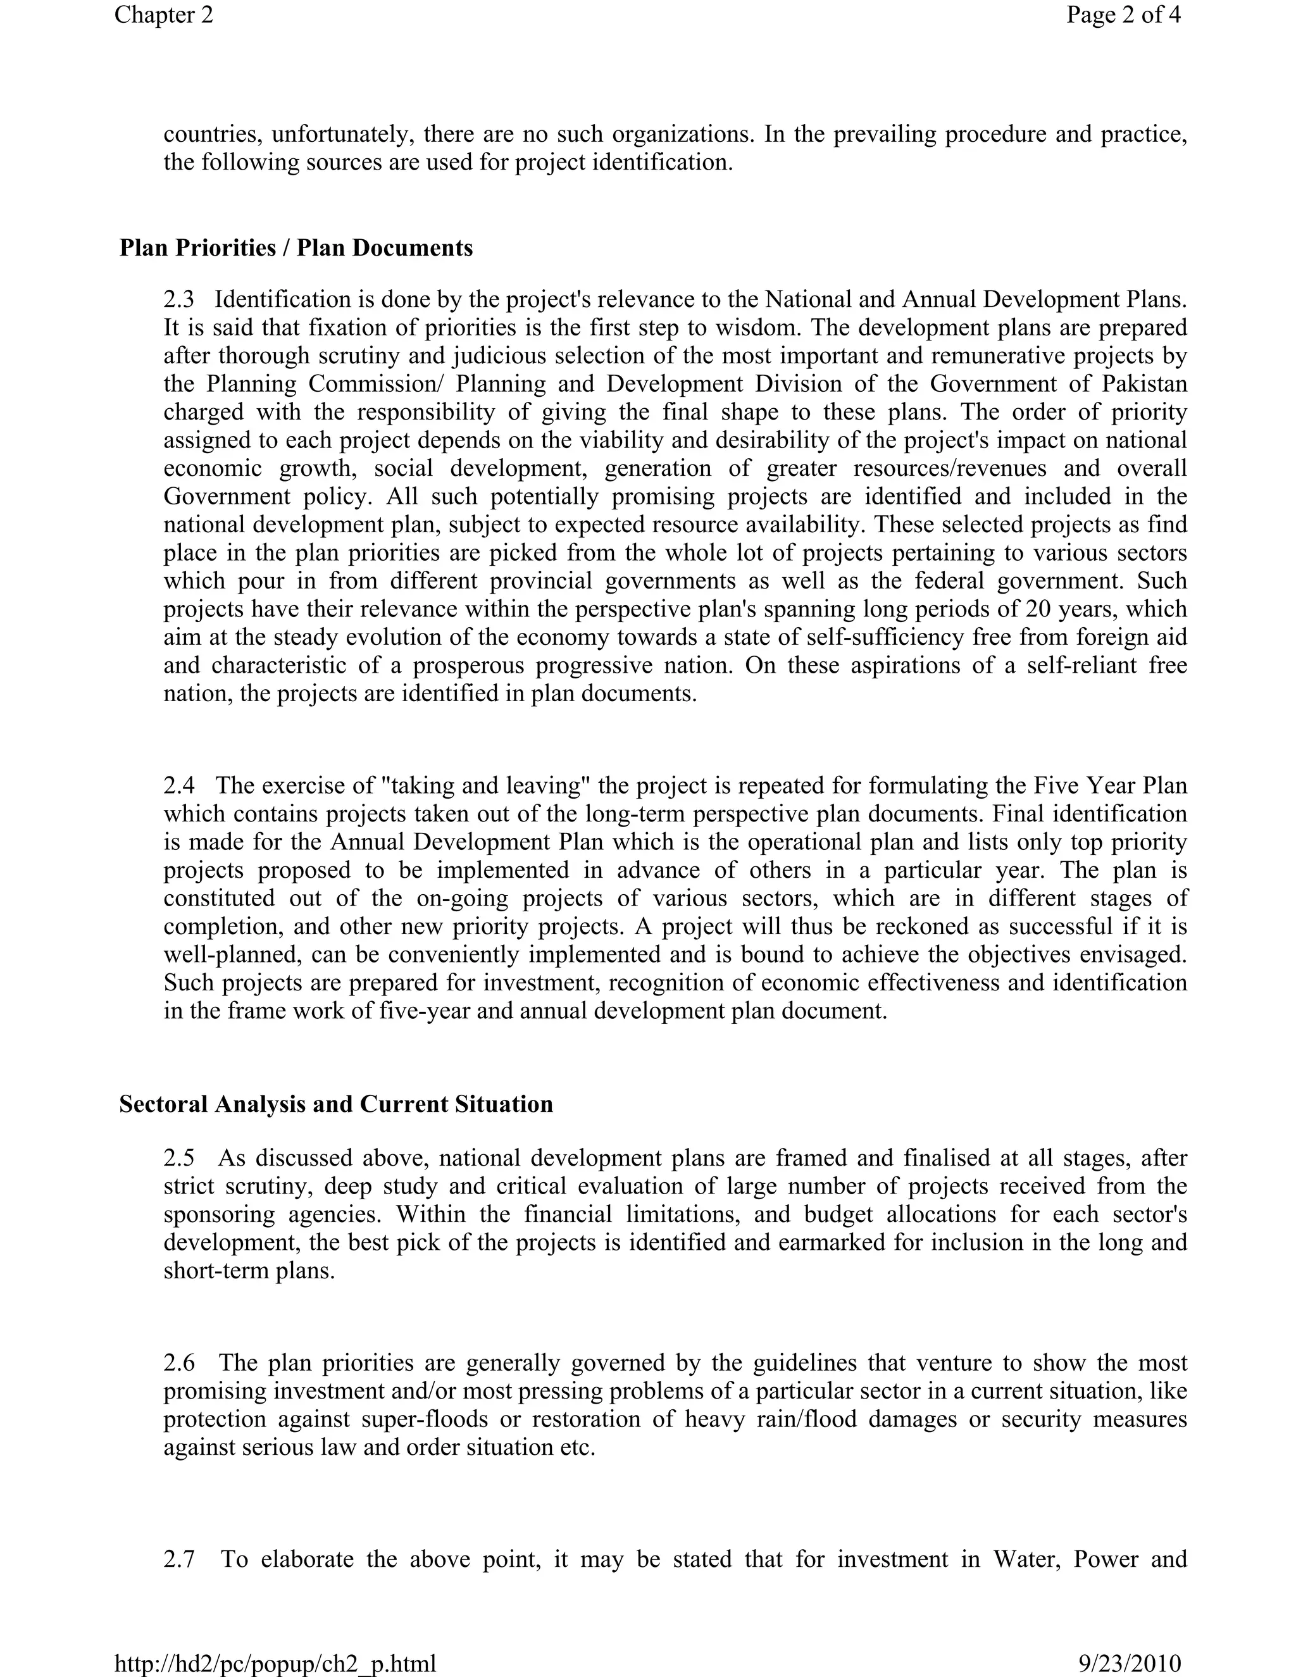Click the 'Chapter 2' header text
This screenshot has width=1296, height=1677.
tap(163, 15)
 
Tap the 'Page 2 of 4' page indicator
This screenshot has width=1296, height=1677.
tap(1123, 15)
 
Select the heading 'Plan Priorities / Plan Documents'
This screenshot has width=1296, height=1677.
tap(296, 248)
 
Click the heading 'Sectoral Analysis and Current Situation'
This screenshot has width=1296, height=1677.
tap(335, 1104)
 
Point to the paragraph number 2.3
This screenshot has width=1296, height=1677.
tap(179, 299)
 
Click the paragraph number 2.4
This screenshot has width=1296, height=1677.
tap(179, 785)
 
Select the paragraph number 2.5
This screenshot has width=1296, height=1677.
tap(179, 1158)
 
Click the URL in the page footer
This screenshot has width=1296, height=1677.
tap(275, 1662)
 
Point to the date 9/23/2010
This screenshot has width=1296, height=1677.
tap(1130, 1662)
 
